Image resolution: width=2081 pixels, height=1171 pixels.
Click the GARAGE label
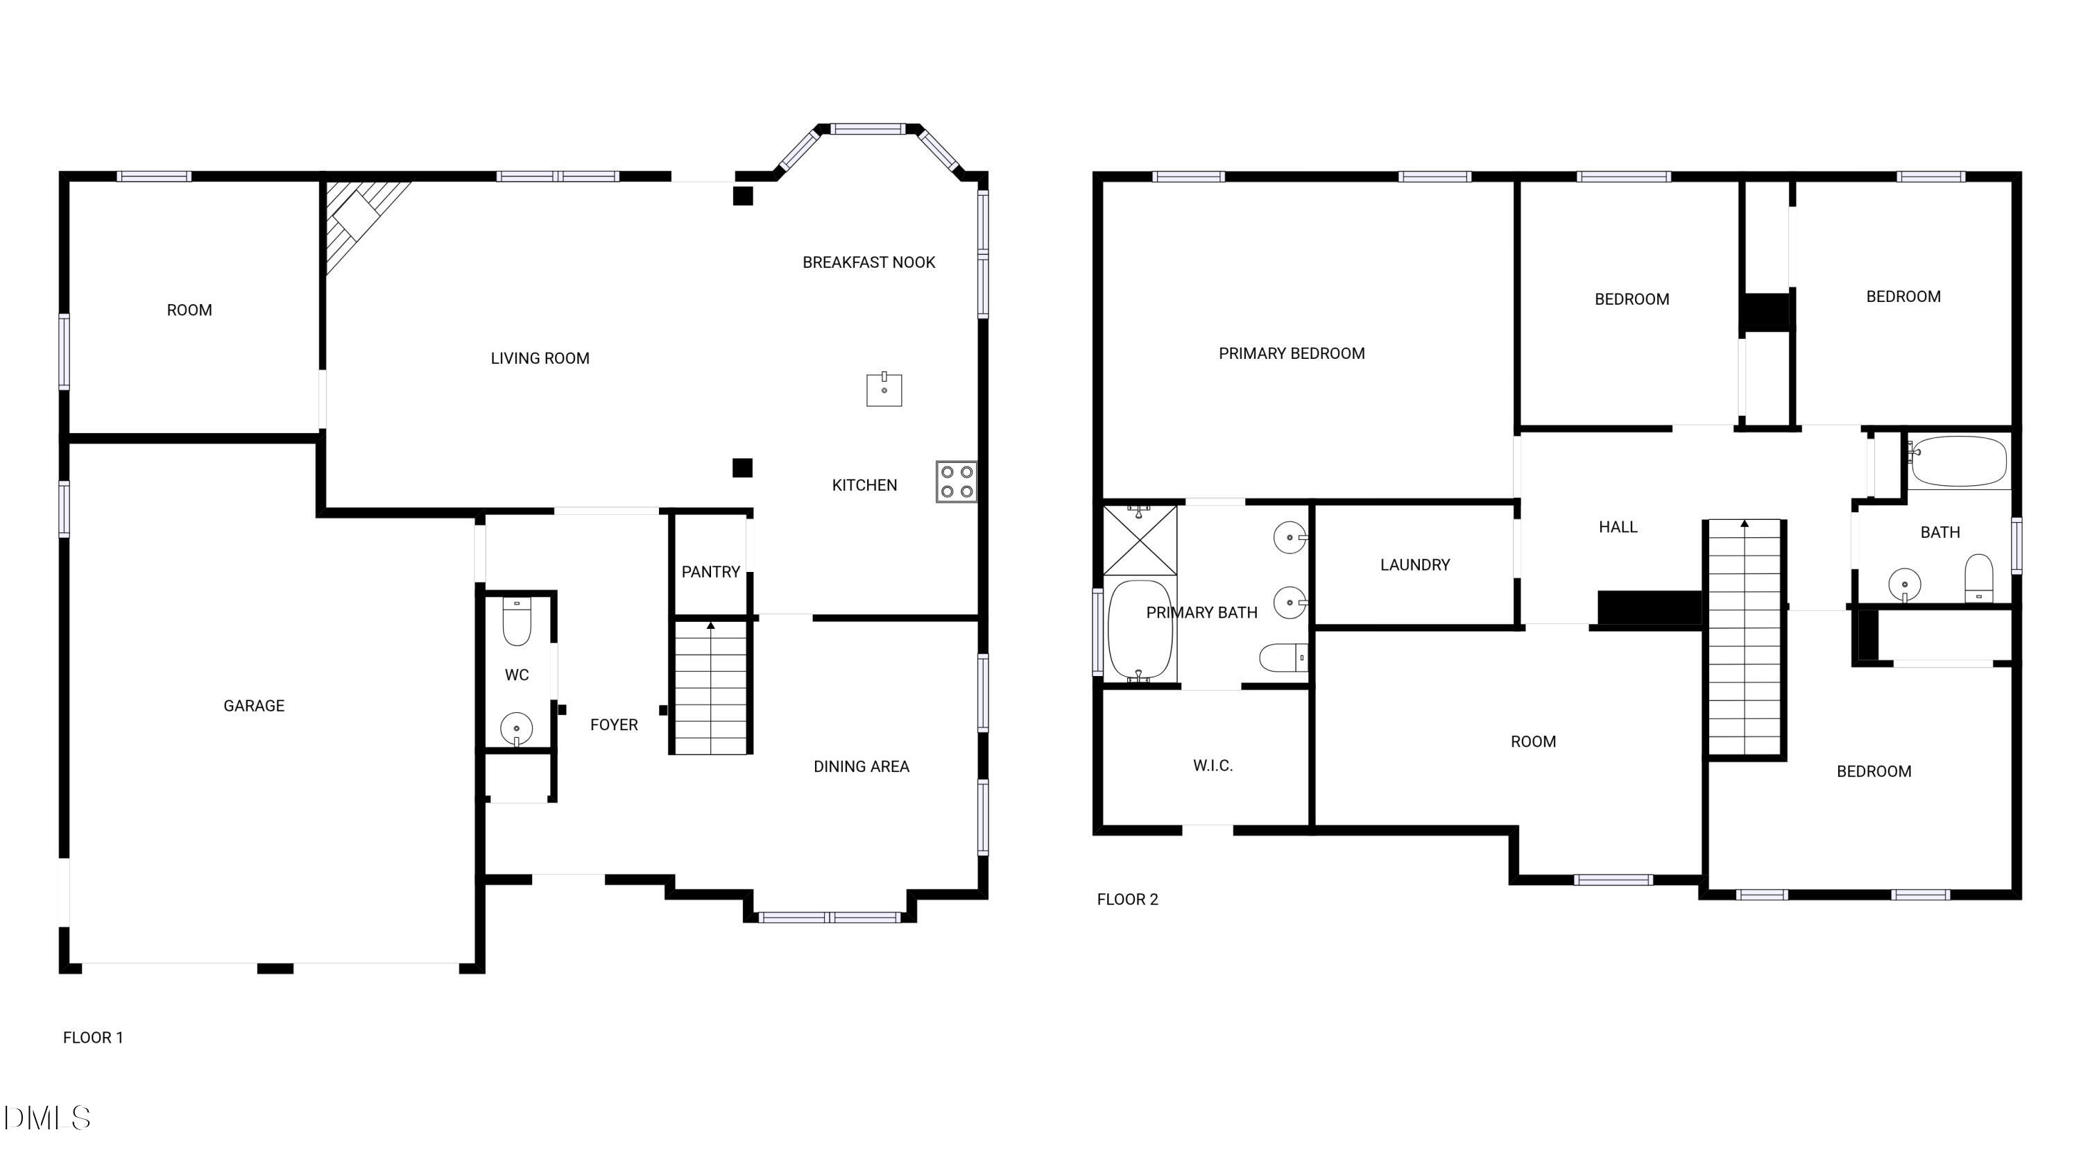tap(254, 705)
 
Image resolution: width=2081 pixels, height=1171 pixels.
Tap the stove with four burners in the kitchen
tap(957, 482)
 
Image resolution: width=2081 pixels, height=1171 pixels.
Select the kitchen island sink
tap(884, 389)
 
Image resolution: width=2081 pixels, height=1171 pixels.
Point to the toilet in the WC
tap(516, 622)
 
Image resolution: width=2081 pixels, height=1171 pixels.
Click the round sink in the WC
tap(516, 729)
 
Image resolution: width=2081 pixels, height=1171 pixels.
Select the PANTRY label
tap(710, 572)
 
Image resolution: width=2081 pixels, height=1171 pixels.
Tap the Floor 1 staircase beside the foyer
tap(710, 687)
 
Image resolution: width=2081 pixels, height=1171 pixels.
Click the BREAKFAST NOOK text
tap(868, 262)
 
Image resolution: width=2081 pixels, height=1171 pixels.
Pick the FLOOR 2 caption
tap(1127, 900)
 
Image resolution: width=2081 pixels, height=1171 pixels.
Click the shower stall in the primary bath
tap(1140, 540)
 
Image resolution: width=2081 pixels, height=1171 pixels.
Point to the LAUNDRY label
tap(1414, 565)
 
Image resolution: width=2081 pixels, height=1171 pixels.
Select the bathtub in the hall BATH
tap(1958, 462)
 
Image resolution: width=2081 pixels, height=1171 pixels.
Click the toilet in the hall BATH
tap(1978, 577)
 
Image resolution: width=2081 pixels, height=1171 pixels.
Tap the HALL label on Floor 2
tap(1618, 527)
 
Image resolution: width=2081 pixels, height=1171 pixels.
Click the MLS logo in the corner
tap(47, 1118)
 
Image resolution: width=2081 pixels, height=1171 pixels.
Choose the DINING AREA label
tap(861, 766)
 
